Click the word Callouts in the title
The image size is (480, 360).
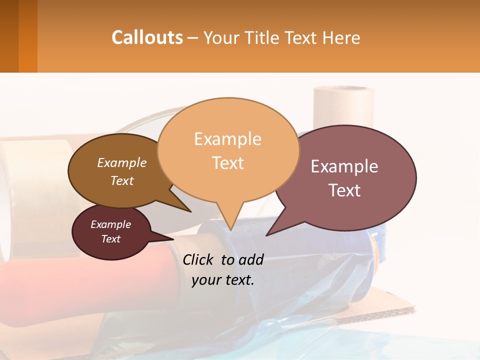[x=147, y=37]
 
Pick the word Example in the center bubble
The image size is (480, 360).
[x=227, y=139]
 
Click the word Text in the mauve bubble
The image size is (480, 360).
[x=345, y=190]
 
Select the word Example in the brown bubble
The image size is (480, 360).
[x=121, y=163]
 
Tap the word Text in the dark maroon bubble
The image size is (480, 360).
[x=110, y=239]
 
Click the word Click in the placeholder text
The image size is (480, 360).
[x=199, y=259]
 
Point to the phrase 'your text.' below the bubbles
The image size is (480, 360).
[x=223, y=280]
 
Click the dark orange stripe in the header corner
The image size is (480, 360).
[x=28, y=36]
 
